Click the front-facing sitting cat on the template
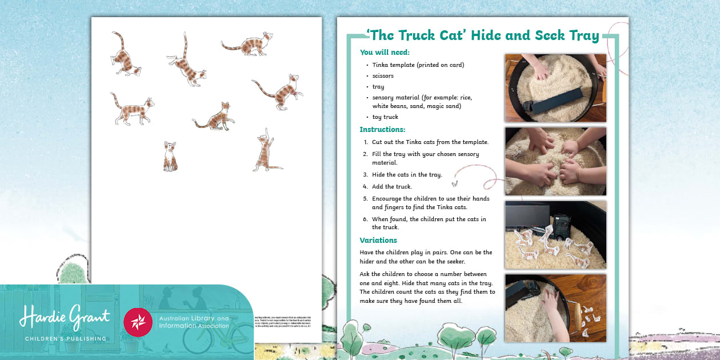170,157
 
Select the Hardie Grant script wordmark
65,317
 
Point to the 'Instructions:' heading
382,130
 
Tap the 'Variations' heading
378,241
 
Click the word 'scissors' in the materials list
383,75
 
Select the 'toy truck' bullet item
385,117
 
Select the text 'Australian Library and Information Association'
193,322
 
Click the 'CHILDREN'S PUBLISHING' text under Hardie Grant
65,339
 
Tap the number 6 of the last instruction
365,219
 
